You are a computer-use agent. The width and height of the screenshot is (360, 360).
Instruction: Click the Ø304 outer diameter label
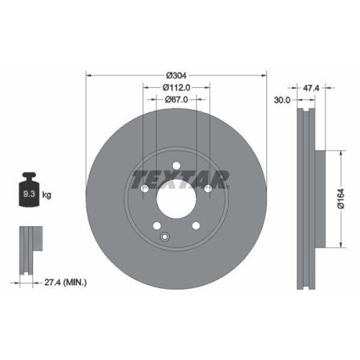[176, 76]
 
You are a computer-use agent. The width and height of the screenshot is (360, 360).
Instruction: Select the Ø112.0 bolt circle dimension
[176, 89]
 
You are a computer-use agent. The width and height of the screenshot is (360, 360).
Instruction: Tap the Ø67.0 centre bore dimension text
[176, 99]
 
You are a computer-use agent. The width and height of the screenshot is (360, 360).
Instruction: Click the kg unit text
[48, 195]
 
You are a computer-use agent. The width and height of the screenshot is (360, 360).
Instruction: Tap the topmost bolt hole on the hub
[176, 165]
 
